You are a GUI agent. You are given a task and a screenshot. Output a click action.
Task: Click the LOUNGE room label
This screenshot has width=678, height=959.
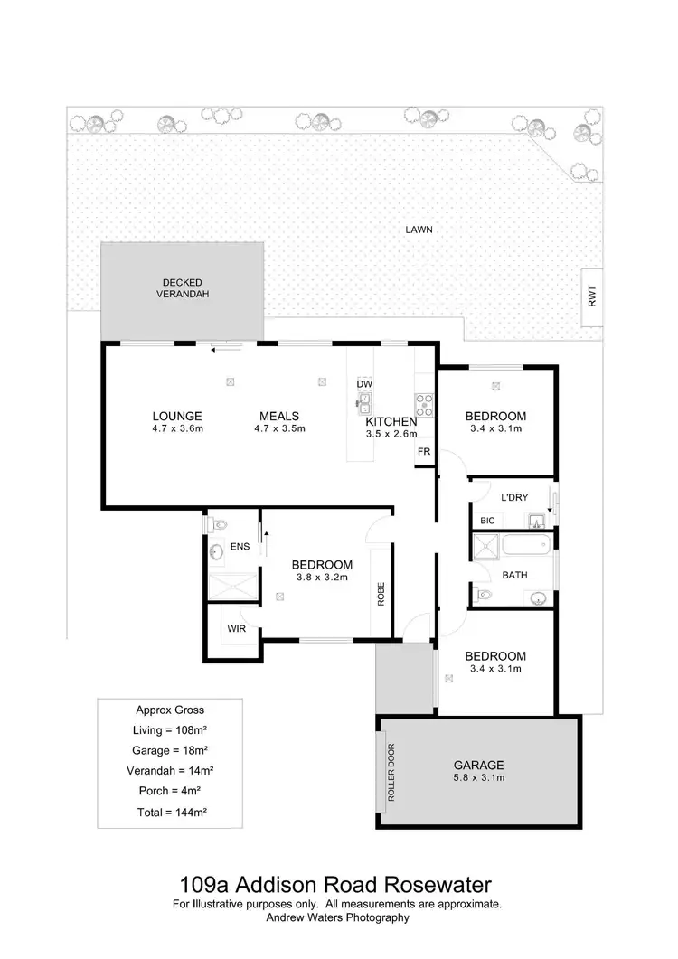click(x=176, y=417)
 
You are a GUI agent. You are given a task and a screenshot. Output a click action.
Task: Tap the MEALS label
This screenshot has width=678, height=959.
click(x=279, y=417)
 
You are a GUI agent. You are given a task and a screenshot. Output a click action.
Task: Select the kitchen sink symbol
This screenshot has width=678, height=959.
click(x=365, y=400)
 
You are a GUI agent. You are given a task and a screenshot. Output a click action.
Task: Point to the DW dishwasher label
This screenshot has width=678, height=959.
click(x=364, y=383)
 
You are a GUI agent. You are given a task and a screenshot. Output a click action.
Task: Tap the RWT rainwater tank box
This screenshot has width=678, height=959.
click(x=593, y=297)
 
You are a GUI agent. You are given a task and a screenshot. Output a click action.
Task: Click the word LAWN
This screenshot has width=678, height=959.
click(x=419, y=230)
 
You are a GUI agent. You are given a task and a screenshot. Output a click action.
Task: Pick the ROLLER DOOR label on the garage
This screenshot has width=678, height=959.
click(x=391, y=771)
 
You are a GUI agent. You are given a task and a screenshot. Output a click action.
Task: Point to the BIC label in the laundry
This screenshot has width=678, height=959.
click(x=487, y=521)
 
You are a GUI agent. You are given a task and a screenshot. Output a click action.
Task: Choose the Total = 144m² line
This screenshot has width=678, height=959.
click(x=171, y=812)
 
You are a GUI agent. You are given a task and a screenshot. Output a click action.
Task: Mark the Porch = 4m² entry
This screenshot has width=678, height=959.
click(x=171, y=791)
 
